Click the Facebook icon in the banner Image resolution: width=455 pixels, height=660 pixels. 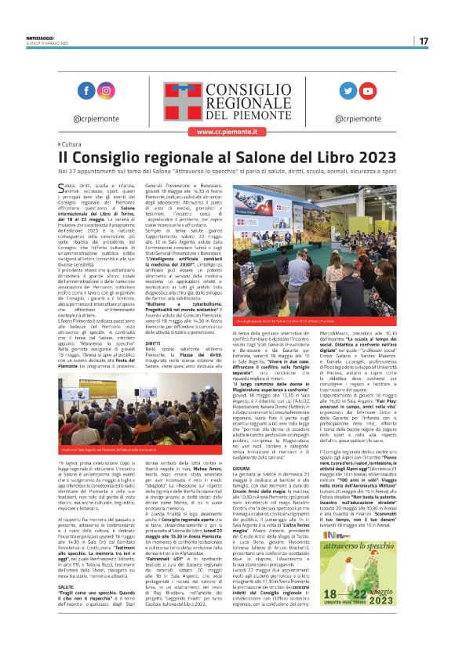point(86,91)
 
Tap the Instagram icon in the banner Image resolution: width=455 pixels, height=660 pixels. point(105,91)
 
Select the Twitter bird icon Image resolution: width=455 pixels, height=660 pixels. point(348,91)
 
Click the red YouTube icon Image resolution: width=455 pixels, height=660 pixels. point(367,91)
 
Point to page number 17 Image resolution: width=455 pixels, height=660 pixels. point(423,41)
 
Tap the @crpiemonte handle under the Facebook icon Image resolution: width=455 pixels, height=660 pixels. point(96,119)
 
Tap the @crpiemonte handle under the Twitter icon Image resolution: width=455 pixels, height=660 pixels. point(357,119)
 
